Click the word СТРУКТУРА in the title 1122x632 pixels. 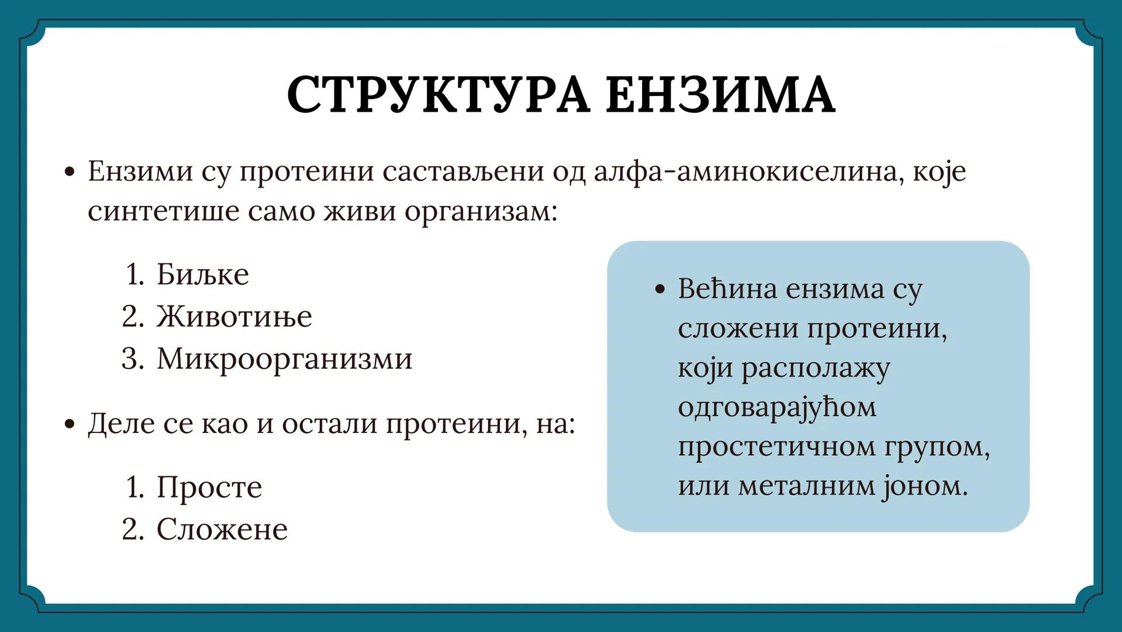[x=437, y=95]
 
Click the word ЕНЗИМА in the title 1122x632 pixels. [x=720, y=95]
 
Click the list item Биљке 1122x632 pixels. [x=202, y=274]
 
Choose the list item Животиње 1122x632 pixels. [x=234, y=317]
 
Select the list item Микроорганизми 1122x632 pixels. [x=284, y=359]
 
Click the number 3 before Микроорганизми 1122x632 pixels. [x=132, y=359]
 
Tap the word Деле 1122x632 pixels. [x=121, y=424]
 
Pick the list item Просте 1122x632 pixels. [x=209, y=487]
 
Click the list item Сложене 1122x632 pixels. [x=222, y=530]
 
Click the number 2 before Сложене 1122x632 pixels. [x=132, y=530]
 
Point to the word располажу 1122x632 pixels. [x=816, y=369]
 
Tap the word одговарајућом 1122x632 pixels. [x=777, y=407]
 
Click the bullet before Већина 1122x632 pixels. [x=661, y=290]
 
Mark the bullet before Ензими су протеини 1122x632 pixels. [x=70, y=172]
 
